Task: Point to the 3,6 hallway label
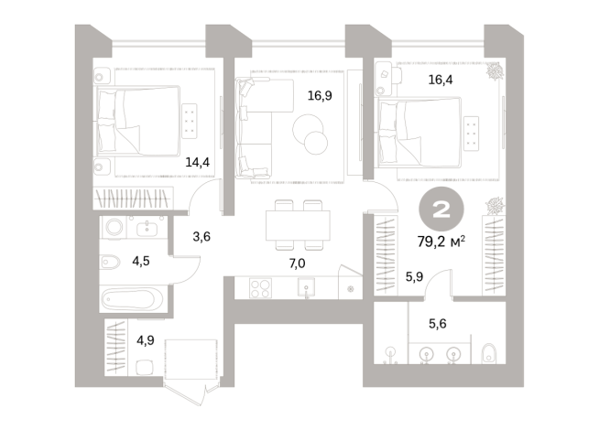[201, 237]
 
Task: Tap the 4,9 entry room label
[146, 342]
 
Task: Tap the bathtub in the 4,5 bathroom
[130, 298]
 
